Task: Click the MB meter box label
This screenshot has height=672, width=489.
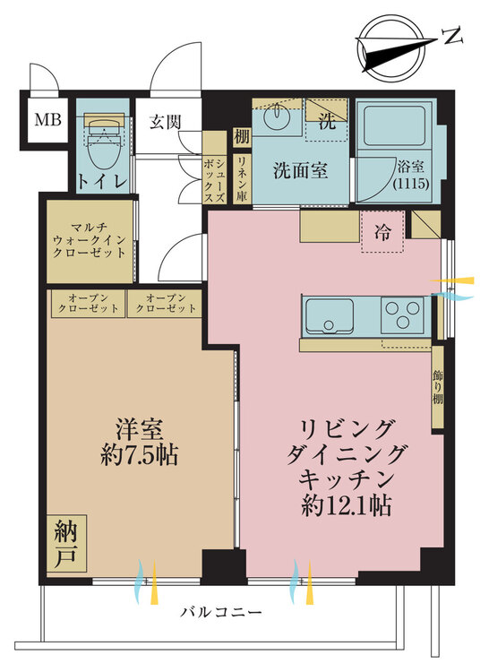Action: pyautogui.click(x=47, y=120)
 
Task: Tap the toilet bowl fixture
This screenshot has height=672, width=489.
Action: pyautogui.click(x=103, y=142)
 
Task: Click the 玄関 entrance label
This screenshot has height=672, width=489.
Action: pyautogui.click(x=166, y=122)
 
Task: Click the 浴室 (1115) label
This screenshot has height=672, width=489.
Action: pyautogui.click(x=411, y=175)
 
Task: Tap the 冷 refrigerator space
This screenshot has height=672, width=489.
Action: pyautogui.click(x=382, y=231)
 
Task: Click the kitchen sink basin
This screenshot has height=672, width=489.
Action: pyautogui.click(x=329, y=316)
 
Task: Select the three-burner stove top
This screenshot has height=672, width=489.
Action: pyautogui.click(x=402, y=315)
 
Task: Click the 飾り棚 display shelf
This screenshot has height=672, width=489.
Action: pyautogui.click(x=437, y=387)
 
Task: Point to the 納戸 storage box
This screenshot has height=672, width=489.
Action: pyautogui.click(x=66, y=544)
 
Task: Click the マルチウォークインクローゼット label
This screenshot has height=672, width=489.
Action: pyautogui.click(x=89, y=240)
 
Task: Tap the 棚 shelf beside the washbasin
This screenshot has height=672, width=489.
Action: pyautogui.click(x=242, y=137)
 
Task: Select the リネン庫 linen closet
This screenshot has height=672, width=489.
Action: pyautogui.click(x=242, y=178)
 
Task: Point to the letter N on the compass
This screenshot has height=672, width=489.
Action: pyautogui.click(x=452, y=36)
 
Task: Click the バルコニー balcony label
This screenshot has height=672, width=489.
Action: pyautogui.click(x=220, y=612)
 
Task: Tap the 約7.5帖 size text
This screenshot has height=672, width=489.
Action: pyautogui.click(x=139, y=455)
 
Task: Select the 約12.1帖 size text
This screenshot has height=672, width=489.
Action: pyautogui.click(x=346, y=508)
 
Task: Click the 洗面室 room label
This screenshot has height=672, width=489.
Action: pyautogui.click(x=301, y=171)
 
